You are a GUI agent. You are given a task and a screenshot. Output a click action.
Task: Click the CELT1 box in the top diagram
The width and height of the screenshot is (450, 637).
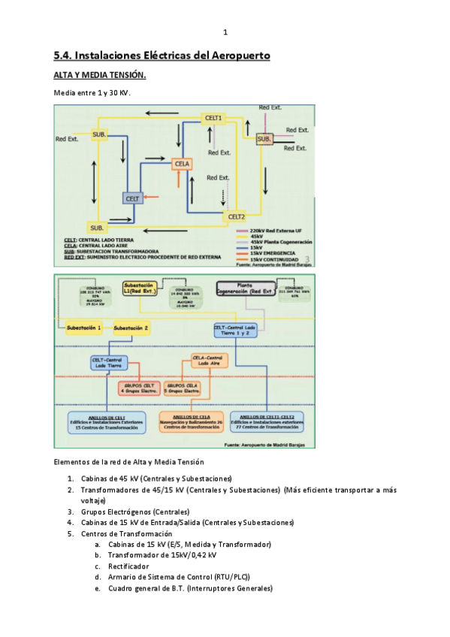[214, 118]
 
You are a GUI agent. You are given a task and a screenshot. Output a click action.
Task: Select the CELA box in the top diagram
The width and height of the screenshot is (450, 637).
[183, 164]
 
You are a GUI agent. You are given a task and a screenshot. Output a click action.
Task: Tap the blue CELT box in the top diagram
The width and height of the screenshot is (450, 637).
[133, 198]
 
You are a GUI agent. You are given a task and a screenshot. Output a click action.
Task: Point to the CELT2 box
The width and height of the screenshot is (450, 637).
[237, 217]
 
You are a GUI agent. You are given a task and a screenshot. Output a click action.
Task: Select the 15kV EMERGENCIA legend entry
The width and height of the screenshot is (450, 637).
[276, 252]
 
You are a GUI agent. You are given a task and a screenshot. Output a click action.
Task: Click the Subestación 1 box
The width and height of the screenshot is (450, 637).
[83, 328]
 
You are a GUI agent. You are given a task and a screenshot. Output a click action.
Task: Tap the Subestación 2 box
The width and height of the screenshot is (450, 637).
[131, 328]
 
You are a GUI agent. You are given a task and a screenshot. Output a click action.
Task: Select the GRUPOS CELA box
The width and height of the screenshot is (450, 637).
[181, 388]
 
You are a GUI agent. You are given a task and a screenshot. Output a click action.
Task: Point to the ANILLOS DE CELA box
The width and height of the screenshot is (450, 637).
[192, 421]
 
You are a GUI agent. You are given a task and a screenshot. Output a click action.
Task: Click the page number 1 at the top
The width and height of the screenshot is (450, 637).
[225, 32]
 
